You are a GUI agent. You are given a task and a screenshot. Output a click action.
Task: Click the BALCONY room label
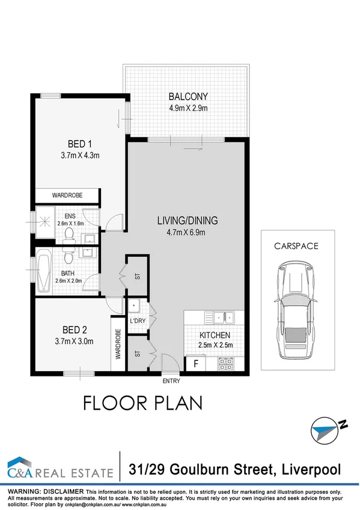tap(188, 96)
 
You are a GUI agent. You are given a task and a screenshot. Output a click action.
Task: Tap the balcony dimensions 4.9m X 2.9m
tap(188, 108)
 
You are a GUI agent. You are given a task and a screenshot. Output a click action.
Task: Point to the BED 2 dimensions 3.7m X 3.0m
tap(75, 342)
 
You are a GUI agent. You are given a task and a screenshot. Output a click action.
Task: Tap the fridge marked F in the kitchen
tap(195, 363)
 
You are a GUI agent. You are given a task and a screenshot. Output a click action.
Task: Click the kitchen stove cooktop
tap(226, 363)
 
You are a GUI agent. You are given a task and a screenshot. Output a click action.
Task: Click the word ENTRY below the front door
tap(171, 381)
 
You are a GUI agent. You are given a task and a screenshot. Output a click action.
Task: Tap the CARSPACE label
tap(296, 245)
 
